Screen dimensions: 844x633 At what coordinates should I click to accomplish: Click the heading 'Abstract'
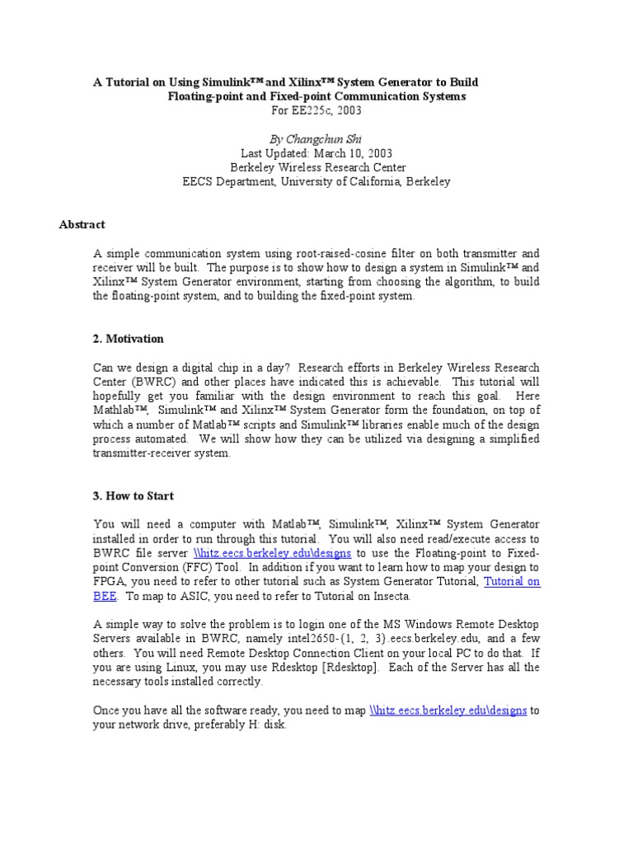82,224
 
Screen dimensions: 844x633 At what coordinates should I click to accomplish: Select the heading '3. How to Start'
133,495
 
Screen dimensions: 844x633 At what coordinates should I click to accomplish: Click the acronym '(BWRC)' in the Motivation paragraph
151,382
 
